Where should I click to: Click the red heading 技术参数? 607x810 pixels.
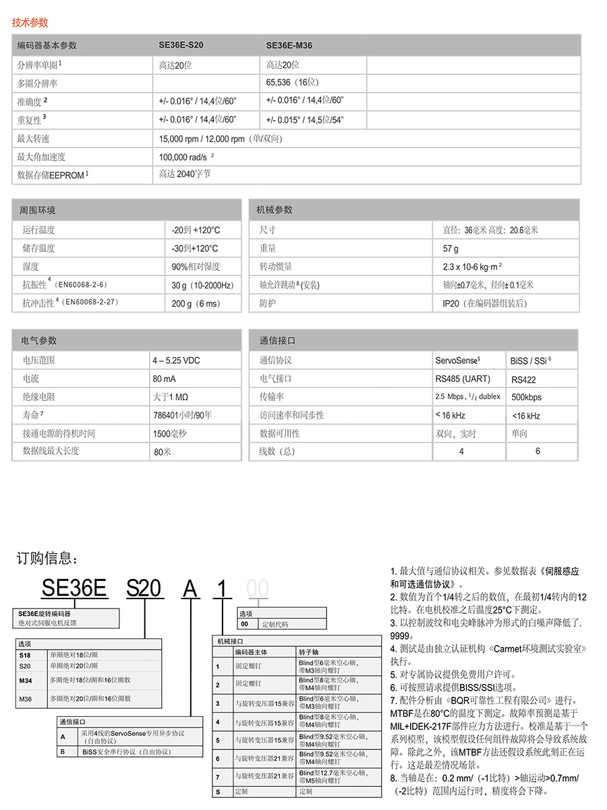30,22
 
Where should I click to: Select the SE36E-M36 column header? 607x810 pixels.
289,46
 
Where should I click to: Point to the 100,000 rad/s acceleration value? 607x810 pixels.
185,157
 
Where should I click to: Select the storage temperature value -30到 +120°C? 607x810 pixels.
195,248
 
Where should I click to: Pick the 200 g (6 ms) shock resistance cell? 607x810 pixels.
196,303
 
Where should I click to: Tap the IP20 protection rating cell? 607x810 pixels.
484,303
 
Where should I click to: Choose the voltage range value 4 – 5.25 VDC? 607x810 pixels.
176,361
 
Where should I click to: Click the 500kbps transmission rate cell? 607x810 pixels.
526,398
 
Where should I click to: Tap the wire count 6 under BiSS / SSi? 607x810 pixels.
538,451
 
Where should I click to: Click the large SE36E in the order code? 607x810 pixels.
74,588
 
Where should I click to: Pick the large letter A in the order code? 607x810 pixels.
191,588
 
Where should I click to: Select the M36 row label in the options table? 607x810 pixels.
25,699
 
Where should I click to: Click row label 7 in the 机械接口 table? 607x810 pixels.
218,776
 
